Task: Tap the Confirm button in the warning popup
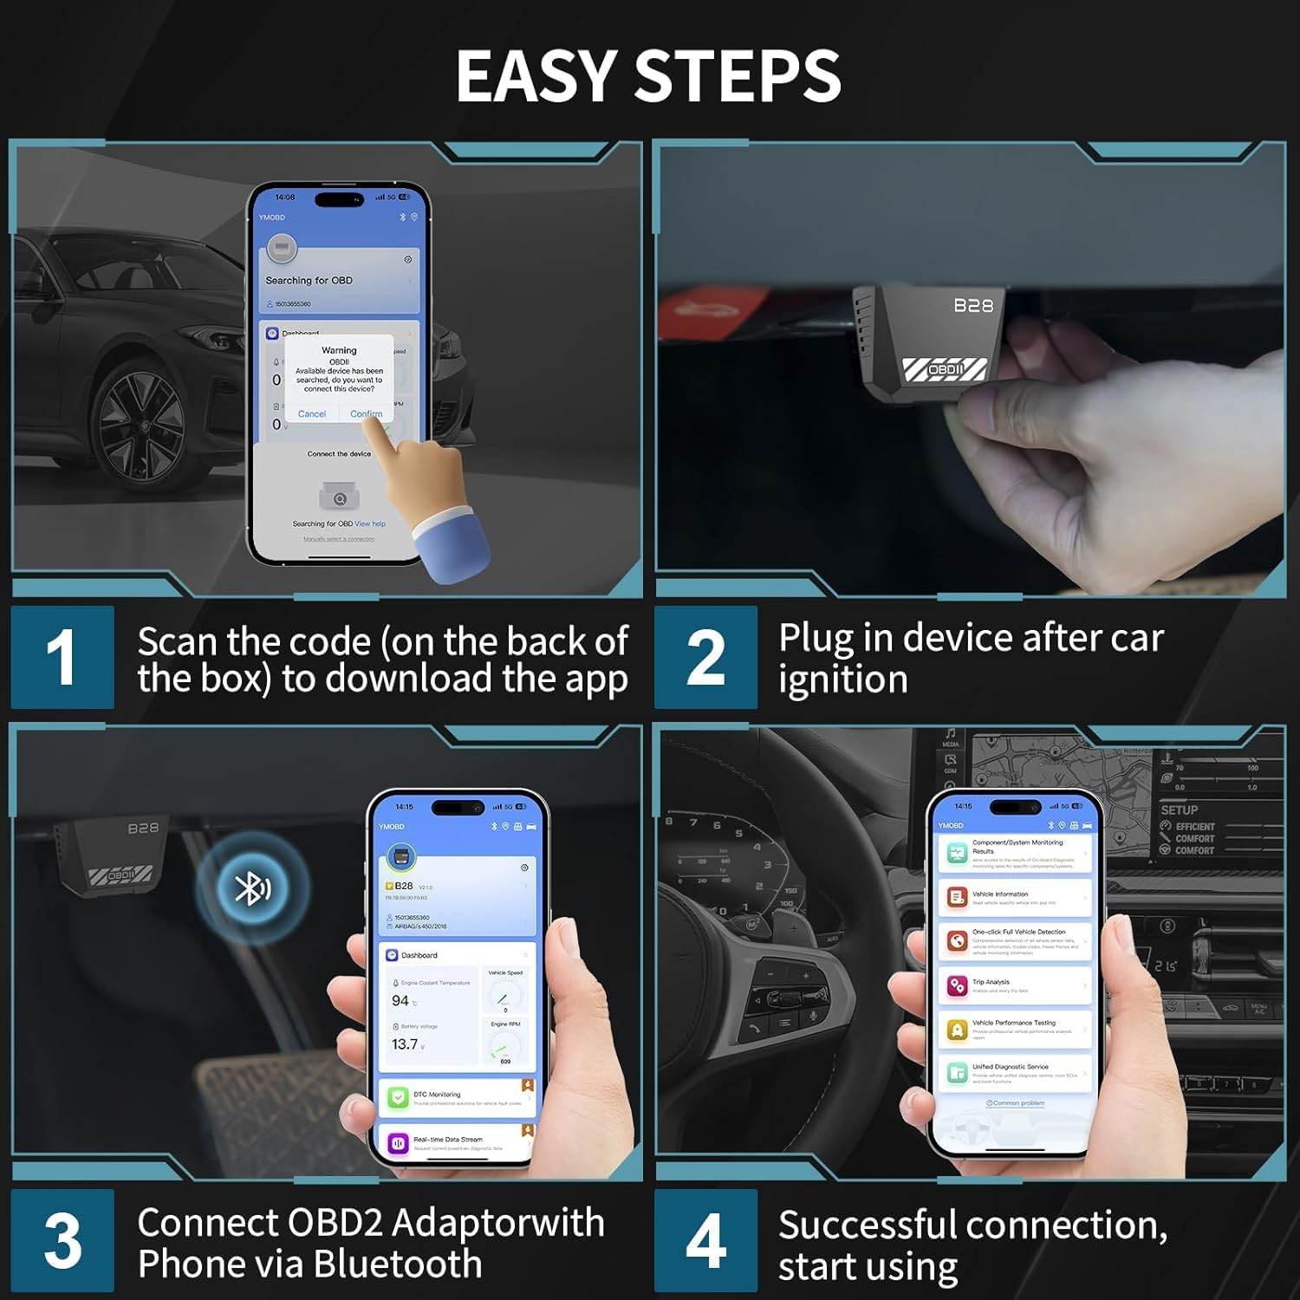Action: [366, 414]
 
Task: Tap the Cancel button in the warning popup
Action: [312, 414]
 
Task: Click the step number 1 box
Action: [62, 657]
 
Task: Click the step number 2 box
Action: [705, 657]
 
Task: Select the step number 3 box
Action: [62, 1240]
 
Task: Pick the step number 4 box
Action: [705, 1240]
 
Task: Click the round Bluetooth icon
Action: [252, 888]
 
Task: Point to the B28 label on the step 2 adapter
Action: [973, 305]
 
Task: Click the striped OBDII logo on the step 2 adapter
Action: [945, 369]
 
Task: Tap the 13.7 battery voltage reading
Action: [405, 1044]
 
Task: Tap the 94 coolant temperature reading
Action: [400, 1001]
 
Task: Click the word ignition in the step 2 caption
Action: [842, 679]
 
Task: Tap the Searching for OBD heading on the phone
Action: [309, 281]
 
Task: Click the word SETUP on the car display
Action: [1179, 810]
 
